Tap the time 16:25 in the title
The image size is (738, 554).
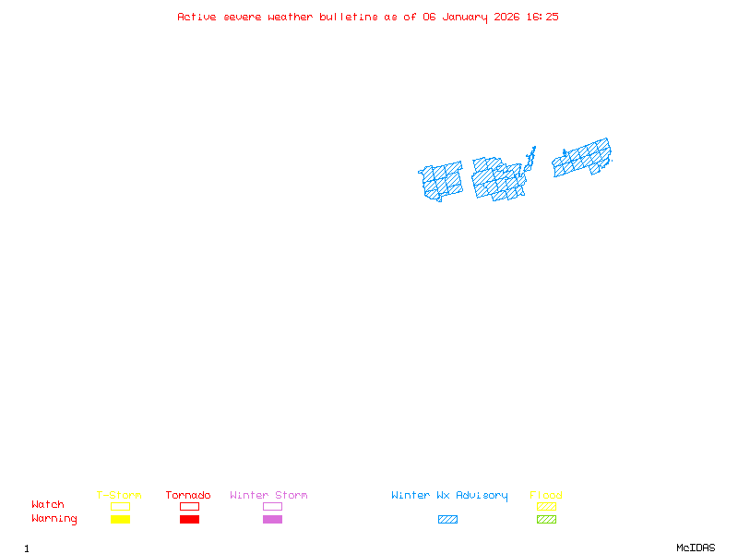tap(542, 17)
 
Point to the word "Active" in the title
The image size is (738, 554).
tap(196, 17)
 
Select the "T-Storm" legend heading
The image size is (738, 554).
tap(119, 496)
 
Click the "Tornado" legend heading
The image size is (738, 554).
tap(188, 496)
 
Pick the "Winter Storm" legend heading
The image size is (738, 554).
tap(268, 496)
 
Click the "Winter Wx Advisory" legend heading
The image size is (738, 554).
tap(449, 496)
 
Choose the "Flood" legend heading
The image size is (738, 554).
tap(546, 496)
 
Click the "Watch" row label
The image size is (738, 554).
tap(48, 505)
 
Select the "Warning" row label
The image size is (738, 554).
tap(54, 519)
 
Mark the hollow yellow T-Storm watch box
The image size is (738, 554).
tap(120, 506)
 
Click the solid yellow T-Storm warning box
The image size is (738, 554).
tap(120, 520)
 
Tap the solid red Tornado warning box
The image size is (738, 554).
tap(189, 520)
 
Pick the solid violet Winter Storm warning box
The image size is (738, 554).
tap(272, 520)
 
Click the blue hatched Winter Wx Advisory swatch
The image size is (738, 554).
tap(447, 520)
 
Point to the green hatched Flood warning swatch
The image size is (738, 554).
tap(546, 520)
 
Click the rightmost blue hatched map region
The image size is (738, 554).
tap(582, 158)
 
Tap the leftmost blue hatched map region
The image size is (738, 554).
tap(442, 180)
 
